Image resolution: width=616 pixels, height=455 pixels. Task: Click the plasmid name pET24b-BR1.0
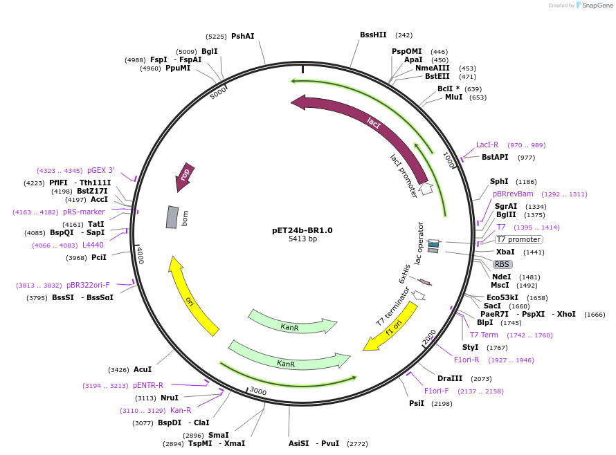(x=302, y=230)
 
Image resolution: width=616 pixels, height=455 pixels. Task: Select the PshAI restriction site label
(x=242, y=36)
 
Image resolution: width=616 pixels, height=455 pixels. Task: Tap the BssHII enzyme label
(x=373, y=35)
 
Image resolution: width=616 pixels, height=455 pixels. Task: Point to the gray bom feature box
(x=172, y=217)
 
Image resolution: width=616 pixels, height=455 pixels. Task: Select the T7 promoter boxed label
(x=518, y=239)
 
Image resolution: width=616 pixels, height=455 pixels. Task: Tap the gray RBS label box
(x=502, y=264)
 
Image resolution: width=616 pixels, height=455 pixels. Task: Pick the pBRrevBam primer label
(x=513, y=194)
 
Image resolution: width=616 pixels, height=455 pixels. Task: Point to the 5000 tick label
(x=218, y=93)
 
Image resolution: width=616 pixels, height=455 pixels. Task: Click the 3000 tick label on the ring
(x=257, y=391)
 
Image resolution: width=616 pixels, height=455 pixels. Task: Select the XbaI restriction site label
(x=505, y=252)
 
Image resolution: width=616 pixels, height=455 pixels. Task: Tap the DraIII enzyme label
(x=450, y=379)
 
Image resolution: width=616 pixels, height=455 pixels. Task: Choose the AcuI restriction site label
(x=143, y=370)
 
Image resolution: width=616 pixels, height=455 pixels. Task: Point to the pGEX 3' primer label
(x=100, y=171)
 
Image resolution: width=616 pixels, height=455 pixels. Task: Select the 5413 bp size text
(x=302, y=239)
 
